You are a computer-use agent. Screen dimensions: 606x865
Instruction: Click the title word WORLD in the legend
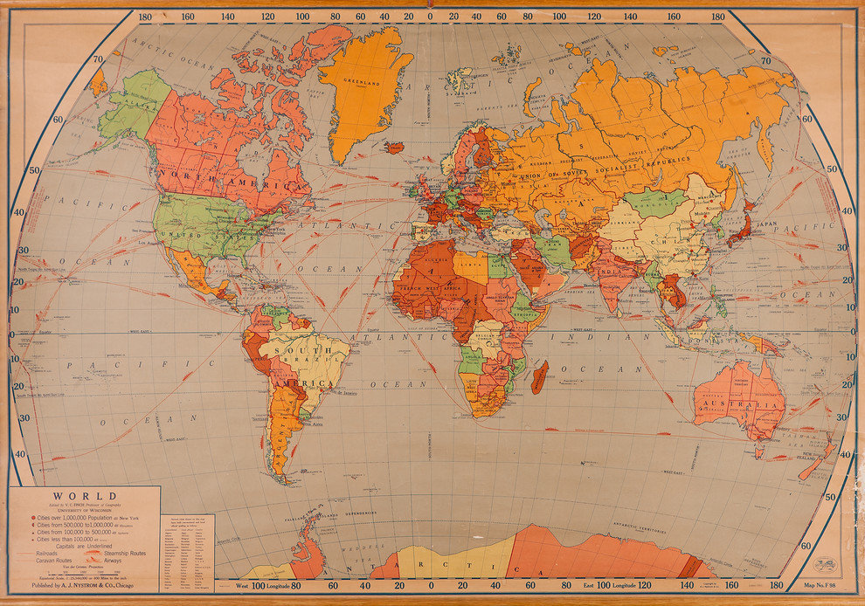point(85,496)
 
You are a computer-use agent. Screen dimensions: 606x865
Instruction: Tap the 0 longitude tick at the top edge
point(430,16)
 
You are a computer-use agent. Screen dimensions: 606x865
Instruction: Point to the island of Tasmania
point(760,455)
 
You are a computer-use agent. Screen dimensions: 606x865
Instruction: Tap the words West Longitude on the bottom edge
point(261,584)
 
